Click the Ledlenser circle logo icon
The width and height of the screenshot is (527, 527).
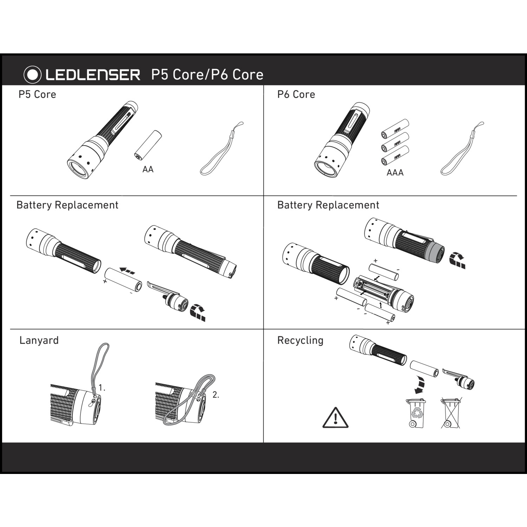pos(32,74)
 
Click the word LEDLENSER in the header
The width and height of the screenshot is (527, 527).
pos(93,75)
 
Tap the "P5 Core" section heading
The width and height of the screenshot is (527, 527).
pos(37,95)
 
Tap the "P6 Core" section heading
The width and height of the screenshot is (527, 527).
pos(296,95)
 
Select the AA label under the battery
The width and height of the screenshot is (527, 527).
pos(148,169)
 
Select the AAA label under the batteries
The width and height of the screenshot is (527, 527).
pos(395,173)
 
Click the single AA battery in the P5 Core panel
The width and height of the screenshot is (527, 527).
pos(148,145)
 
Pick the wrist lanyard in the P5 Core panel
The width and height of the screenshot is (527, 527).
pos(222,149)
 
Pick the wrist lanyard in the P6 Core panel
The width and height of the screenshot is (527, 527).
pos(462,149)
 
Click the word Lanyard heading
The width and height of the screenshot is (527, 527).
pos(39,340)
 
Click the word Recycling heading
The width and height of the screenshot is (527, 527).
pos(300,340)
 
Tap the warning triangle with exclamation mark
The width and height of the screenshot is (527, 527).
pos(336,418)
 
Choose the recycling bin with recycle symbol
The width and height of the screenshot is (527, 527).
pos(416,413)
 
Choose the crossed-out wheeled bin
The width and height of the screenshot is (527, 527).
pos(451,413)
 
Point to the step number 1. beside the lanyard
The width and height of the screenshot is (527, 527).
pos(102,388)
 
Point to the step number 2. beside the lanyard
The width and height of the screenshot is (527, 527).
pos(216,395)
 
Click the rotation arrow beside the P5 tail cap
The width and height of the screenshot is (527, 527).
pos(198,313)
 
